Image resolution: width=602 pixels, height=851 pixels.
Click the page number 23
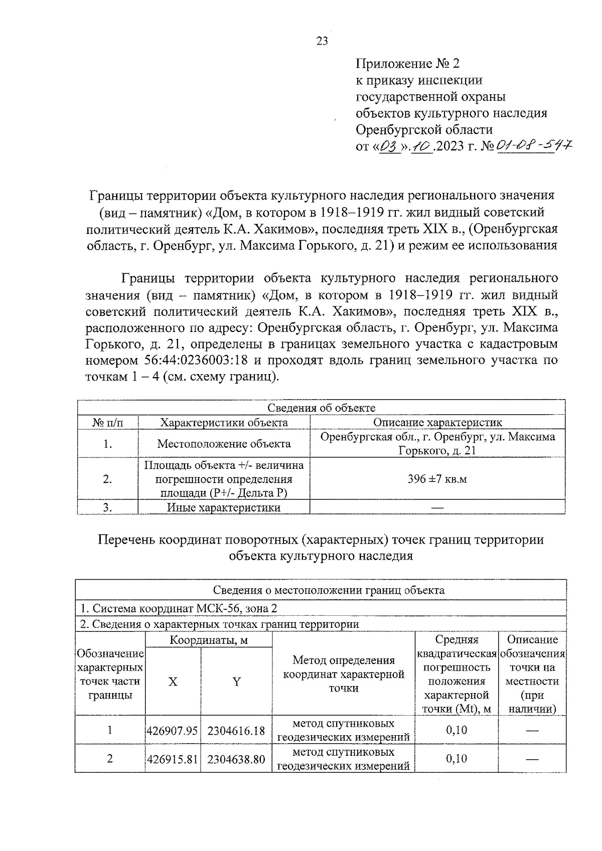tap(322, 41)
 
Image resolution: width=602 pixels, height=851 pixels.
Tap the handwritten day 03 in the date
tap(389, 147)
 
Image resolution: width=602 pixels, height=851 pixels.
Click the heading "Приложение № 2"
tap(407, 64)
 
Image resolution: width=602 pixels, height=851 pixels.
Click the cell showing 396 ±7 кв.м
tap(437, 479)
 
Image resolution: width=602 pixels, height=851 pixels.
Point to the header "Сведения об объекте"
tap(321, 408)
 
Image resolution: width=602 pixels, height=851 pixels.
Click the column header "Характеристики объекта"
tap(224, 422)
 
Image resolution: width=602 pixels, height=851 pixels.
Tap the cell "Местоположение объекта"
tap(224, 444)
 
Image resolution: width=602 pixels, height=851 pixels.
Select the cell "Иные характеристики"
tap(224, 507)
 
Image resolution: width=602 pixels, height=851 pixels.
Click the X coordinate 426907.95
tap(172, 731)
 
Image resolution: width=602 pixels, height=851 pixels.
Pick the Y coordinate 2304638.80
tap(236, 759)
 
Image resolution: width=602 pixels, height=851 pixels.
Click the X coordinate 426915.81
tap(172, 759)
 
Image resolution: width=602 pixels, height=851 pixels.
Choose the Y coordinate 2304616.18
tap(236, 731)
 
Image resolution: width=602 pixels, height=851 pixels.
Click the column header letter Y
tap(236, 682)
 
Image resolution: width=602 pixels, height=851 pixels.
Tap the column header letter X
tap(173, 682)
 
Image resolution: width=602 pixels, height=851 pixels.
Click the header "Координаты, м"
tap(209, 640)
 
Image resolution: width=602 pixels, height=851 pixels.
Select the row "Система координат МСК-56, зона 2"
tap(179, 608)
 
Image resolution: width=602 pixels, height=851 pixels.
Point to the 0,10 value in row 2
tap(456, 759)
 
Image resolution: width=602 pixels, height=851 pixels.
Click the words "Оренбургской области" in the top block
tap(424, 130)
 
